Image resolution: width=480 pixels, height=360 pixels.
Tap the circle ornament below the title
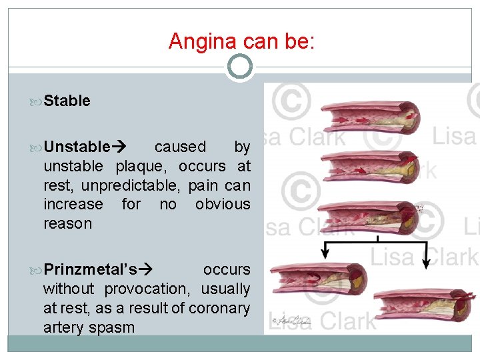(x=240, y=67)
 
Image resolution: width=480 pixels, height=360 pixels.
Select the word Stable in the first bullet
(x=67, y=101)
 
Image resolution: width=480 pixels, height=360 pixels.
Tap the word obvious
(x=223, y=205)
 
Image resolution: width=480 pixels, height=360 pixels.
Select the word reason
(x=67, y=224)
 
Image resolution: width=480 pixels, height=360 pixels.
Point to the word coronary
(x=219, y=309)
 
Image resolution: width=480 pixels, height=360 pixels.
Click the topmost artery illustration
(x=371, y=119)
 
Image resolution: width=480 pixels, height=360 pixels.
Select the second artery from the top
(x=371, y=166)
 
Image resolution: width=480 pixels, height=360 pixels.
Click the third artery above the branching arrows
(x=371, y=215)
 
